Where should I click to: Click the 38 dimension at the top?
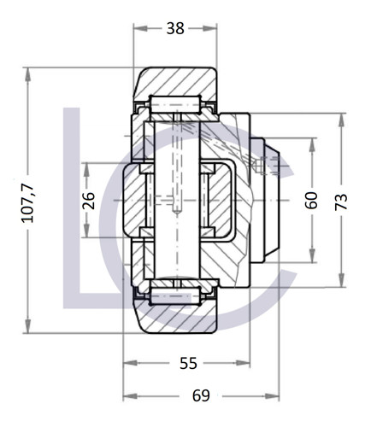pyautogui.click(x=174, y=27)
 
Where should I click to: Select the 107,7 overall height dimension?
pyautogui.click(x=28, y=202)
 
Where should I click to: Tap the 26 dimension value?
pyautogui.click(x=89, y=201)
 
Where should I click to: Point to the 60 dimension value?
pyautogui.click(x=312, y=201)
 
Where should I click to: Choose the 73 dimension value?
pyautogui.click(x=341, y=202)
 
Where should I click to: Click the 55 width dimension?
pyautogui.click(x=189, y=363)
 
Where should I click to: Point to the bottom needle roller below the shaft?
pyautogui.click(x=174, y=296)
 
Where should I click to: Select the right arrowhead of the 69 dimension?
pyautogui.click(x=280, y=396)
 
